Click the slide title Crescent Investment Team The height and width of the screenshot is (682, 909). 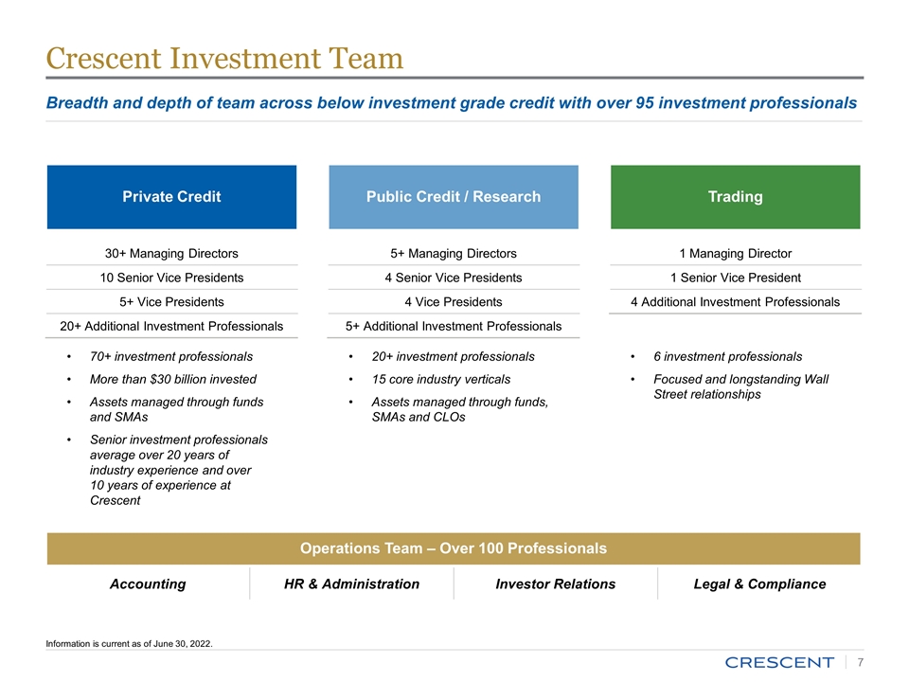225,59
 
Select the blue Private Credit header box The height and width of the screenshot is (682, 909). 171,197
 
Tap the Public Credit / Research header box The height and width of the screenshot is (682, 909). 454,197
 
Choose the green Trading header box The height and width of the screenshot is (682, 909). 735,197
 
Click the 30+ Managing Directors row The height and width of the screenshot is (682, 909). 171,253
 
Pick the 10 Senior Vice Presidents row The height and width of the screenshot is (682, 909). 171,278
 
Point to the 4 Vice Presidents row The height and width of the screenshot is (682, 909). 454,302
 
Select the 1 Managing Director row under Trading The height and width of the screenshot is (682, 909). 735,253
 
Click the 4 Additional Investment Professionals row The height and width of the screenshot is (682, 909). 735,302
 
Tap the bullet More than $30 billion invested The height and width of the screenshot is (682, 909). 172,379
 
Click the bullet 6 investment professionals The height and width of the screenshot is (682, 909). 727,356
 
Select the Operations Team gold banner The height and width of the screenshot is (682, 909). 454,548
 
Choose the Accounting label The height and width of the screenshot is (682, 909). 148,583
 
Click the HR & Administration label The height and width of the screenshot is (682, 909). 351,583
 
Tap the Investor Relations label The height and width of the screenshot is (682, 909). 555,583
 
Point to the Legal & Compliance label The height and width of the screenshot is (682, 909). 759,583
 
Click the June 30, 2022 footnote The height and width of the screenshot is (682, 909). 130,644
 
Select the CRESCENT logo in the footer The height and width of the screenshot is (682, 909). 779,662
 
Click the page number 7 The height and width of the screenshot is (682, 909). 859,662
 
